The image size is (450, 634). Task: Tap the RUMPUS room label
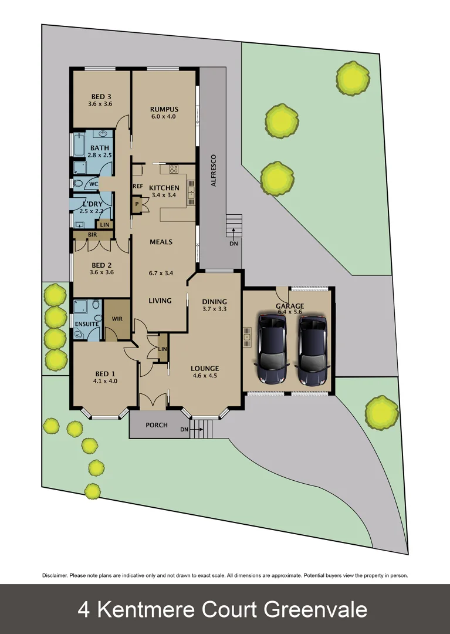(164, 109)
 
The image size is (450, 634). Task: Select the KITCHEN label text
(164, 188)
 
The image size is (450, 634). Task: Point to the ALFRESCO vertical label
(214, 170)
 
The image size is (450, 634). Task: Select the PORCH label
(157, 425)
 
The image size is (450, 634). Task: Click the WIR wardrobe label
(117, 319)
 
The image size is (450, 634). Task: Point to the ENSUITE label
(86, 323)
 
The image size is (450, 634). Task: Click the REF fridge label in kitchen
(138, 187)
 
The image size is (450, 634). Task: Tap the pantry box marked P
(137, 204)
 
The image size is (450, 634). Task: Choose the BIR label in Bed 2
(92, 234)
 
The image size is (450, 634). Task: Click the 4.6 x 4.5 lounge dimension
(205, 376)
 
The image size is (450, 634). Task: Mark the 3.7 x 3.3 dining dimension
(214, 308)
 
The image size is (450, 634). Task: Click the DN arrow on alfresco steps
(234, 243)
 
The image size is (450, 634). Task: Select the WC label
(93, 184)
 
